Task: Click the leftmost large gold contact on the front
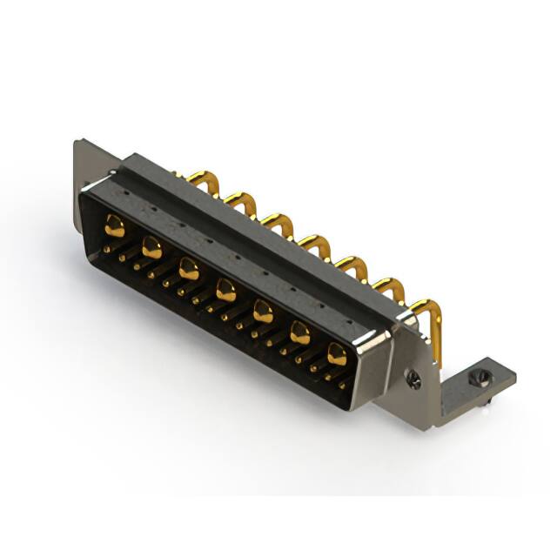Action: click(115, 226)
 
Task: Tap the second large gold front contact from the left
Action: click(151, 247)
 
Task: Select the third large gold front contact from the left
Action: click(189, 268)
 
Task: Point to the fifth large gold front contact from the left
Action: click(263, 311)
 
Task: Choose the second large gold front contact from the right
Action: click(300, 332)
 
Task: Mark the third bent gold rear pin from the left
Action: click(280, 222)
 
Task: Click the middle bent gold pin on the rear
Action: click(316, 243)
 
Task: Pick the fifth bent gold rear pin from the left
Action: click(352, 264)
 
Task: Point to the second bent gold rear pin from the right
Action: click(389, 287)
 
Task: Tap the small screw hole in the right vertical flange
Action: click(415, 379)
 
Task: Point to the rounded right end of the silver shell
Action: click(374, 366)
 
